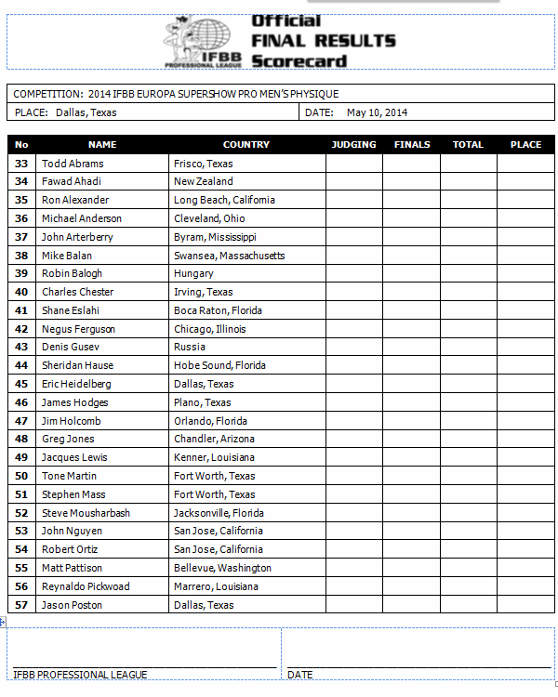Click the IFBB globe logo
(203, 41)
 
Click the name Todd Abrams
(73, 164)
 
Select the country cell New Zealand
(204, 181)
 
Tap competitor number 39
(21, 273)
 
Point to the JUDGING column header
(353, 144)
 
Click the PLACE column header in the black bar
(525, 144)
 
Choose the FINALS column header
(412, 144)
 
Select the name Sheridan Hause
(77, 365)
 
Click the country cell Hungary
(193, 273)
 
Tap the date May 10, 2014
(377, 112)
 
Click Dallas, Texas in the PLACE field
(86, 112)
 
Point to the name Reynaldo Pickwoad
(86, 586)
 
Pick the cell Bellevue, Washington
(222, 568)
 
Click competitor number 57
(21, 605)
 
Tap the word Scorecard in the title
(299, 61)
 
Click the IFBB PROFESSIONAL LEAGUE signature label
(80, 675)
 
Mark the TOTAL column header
(468, 144)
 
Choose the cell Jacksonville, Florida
(219, 513)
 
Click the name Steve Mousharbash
(86, 513)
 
